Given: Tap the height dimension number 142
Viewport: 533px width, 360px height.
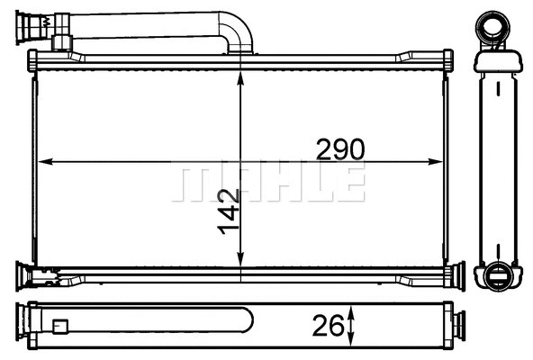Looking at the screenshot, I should tap(229, 211).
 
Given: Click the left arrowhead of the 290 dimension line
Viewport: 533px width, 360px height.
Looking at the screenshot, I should tap(46, 162).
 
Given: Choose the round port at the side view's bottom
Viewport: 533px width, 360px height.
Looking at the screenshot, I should tap(495, 275).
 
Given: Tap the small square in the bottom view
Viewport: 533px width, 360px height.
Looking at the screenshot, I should tap(61, 328).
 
